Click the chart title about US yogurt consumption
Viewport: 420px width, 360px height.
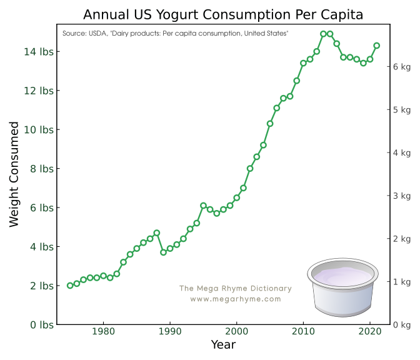point(223,14)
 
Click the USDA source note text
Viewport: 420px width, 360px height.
point(176,33)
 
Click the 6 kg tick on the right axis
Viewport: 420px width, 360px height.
point(401,66)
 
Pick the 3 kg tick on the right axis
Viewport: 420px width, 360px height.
point(401,196)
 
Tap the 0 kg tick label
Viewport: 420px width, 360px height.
point(401,325)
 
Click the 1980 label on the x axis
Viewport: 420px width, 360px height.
point(103,331)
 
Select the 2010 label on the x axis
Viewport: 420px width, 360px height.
point(303,331)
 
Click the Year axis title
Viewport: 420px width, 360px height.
point(223,344)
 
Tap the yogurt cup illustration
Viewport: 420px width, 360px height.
point(343,287)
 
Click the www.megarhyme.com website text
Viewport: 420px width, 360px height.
point(236,299)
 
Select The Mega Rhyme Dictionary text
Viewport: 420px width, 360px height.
point(236,289)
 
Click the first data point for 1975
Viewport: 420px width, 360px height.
point(70,286)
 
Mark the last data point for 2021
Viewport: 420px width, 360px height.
point(376,45)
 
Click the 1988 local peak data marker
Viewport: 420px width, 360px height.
point(157,233)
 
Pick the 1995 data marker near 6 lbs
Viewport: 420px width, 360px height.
point(203,206)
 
